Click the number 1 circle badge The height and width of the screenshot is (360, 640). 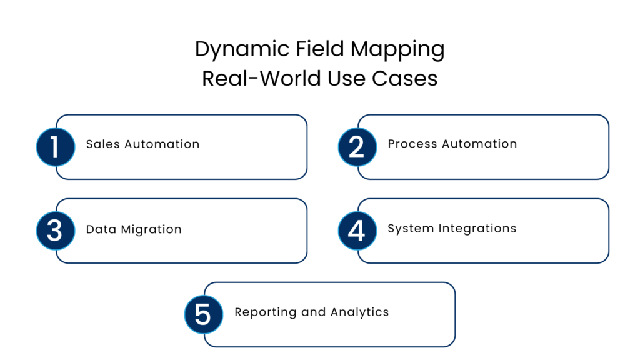56,147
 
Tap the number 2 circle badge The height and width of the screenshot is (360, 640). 357,147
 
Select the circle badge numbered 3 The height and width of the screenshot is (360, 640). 56,231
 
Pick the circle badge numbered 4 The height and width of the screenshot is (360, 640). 357,231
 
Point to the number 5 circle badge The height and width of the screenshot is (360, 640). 204,314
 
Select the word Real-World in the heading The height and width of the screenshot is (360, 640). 261,79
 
